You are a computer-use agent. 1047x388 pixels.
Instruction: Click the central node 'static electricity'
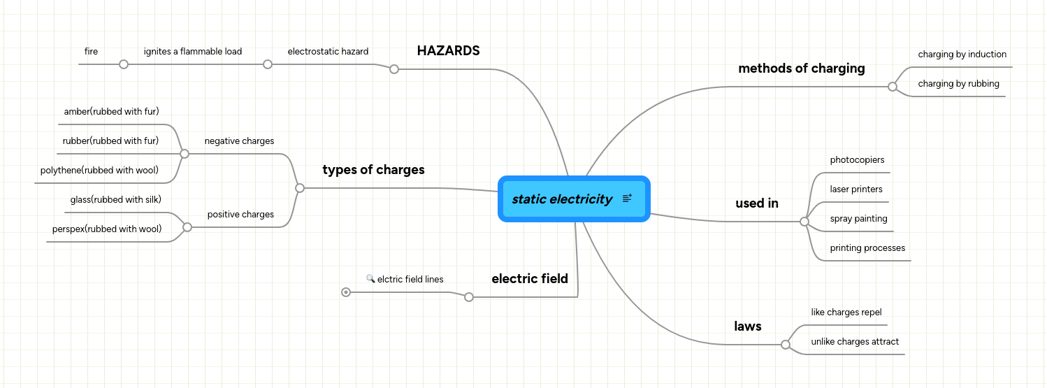click(562, 199)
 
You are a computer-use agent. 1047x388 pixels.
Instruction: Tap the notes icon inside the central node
click(627, 199)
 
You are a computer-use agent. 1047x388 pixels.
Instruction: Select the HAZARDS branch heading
click(448, 51)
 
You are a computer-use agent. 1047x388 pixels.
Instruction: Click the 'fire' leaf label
click(91, 52)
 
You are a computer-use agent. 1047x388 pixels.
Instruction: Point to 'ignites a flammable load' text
click(193, 52)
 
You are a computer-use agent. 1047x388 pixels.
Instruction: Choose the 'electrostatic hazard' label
click(328, 52)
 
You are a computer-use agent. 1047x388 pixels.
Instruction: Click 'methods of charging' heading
click(801, 69)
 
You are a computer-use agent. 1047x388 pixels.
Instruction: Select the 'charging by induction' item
click(962, 55)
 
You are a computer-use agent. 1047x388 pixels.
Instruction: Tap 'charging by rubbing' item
click(958, 84)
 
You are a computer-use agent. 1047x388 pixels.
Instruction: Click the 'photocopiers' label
click(857, 160)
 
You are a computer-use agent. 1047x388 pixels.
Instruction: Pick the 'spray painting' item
click(858, 219)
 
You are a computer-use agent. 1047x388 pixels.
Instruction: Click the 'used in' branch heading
click(756, 203)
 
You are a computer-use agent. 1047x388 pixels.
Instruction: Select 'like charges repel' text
click(846, 312)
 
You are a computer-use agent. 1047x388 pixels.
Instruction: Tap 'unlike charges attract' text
click(855, 342)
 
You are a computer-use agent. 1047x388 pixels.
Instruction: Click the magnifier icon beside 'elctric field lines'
click(370, 278)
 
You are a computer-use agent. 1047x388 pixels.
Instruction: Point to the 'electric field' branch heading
click(529, 279)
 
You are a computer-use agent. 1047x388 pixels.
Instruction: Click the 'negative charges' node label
click(239, 141)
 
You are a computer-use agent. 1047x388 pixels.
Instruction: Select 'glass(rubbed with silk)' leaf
click(116, 200)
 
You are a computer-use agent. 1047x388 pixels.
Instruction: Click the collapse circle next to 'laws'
click(786, 345)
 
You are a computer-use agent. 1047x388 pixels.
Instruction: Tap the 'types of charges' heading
click(373, 170)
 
